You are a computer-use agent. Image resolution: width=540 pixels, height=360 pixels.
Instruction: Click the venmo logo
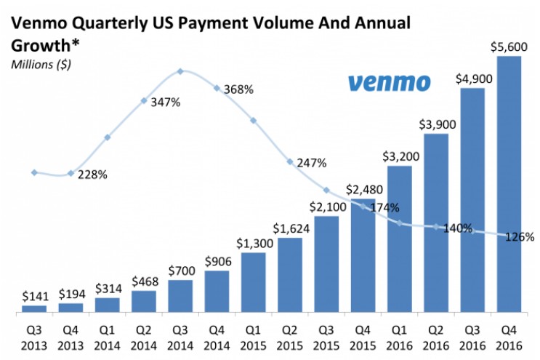pos(389,83)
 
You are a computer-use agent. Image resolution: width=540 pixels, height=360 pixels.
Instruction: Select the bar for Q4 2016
pos(509,184)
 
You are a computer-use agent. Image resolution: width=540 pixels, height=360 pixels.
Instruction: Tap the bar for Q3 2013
pos(34,308)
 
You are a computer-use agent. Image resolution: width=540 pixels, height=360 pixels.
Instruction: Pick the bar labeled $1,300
pos(254,282)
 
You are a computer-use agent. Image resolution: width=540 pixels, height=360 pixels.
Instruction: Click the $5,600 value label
pos(509,47)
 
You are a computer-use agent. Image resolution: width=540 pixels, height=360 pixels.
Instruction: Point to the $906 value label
pos(218,262)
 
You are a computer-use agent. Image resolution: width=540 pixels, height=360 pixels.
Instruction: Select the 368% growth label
pos(238,89)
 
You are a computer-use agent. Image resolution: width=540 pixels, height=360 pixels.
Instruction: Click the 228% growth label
pos(92,175)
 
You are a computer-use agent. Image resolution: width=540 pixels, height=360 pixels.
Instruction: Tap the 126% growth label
pos(520,237)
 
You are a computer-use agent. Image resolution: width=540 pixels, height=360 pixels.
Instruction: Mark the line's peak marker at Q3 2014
pos(180,71)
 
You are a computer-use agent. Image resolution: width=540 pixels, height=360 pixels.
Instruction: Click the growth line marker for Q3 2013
pos(34,172)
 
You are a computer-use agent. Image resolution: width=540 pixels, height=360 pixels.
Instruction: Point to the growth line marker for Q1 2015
pos(254,121)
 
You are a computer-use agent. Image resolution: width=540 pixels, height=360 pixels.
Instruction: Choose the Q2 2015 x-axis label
pos(290,338)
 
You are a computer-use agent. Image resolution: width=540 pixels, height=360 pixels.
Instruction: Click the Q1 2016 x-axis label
pos(399,338)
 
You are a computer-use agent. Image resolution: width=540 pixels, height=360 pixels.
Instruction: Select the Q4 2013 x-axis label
pos(70,338)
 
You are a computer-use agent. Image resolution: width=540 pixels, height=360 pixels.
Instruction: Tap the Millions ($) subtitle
pos(41,65)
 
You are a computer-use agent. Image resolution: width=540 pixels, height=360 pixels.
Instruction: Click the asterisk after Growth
pos(75,43)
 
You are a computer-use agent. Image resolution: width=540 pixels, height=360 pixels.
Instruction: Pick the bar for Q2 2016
pos(436,223)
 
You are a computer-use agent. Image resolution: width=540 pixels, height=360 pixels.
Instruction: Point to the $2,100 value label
pos(328,207)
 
